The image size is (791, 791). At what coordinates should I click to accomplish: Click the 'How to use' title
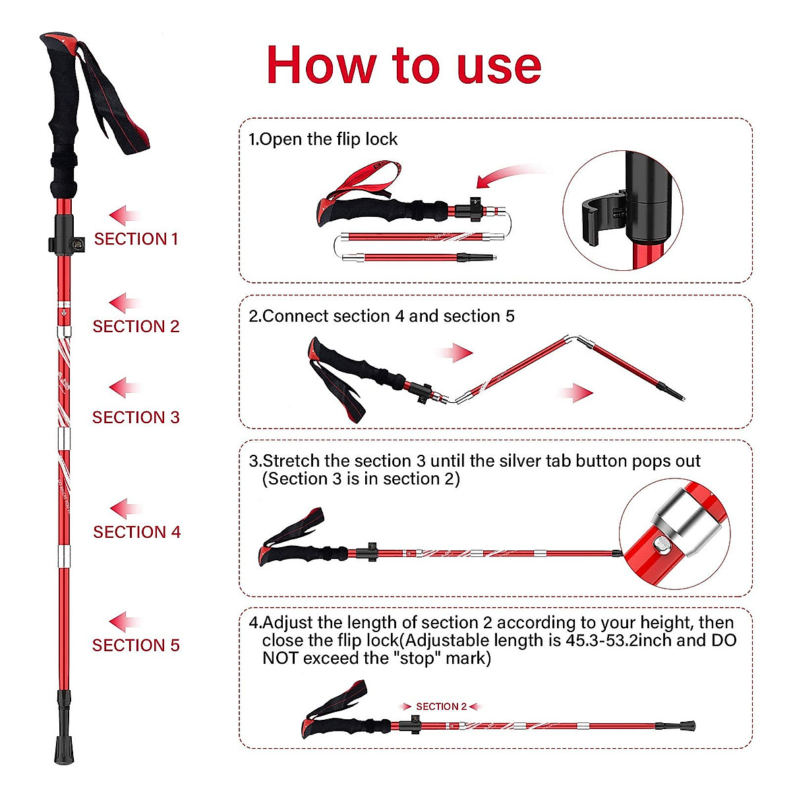pos(403,65)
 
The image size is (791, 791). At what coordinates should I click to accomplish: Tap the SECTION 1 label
pos(136,239)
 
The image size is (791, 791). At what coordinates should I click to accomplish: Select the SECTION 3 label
pos(136,417)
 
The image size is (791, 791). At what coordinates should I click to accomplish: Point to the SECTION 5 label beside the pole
pos(136,645)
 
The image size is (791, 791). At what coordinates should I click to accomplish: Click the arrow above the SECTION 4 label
pos(125,509)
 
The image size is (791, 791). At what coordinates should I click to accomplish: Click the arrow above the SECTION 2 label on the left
pos(125,303)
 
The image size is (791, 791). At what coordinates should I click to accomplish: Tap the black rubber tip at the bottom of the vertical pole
pos(64,748)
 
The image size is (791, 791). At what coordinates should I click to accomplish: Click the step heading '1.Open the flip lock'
pos(323,139)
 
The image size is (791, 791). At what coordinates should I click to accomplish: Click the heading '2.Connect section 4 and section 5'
pos(382,316)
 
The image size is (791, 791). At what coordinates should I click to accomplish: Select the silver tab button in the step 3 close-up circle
pos(660,545)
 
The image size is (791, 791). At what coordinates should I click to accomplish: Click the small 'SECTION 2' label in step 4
pos(441,707)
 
